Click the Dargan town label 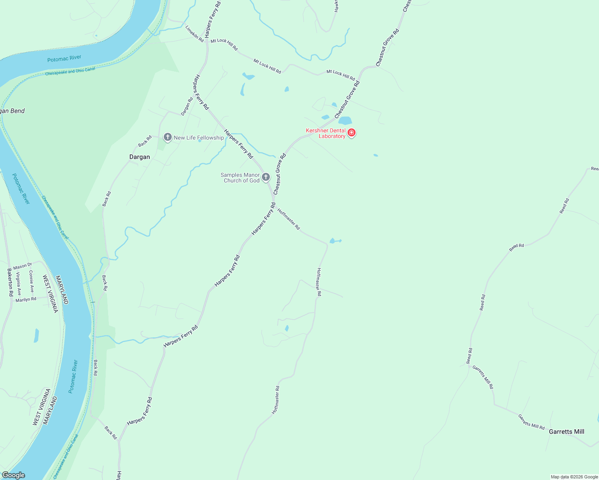[139, 157]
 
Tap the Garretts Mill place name [566, 432]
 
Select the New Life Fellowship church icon [168, 137]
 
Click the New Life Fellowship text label [199, 138]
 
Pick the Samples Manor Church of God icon [266, 176]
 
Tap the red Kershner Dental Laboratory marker [352, 132]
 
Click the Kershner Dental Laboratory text [326, 133]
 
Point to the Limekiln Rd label [195, 34]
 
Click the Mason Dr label [22, 266]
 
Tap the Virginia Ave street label [18, 283]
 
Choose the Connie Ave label [31, 281]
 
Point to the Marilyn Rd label [26, 299]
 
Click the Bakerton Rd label [10, 282]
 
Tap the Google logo [13, 475]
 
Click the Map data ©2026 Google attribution [574, 477]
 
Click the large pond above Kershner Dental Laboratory [345, 120]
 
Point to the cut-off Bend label [12, 111]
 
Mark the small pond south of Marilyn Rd [36, 335]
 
